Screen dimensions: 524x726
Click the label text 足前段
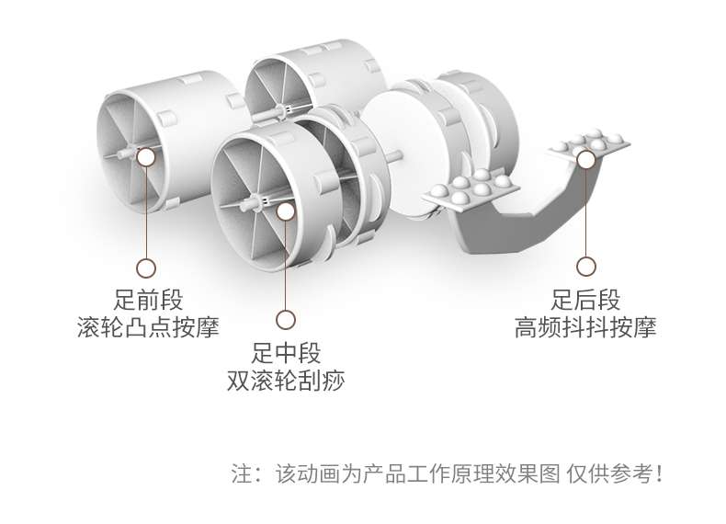pos(148,301)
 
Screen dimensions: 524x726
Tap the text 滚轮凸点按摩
pos(148,328)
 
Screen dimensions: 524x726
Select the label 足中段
pos(286,352)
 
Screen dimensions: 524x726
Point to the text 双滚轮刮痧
pos(286,380)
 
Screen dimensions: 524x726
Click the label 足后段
pos(585,301)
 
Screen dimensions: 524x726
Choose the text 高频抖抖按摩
pos(585,328)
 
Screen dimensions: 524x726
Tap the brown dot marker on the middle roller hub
pos(286,211)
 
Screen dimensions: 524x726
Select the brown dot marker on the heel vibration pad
pos(585,158)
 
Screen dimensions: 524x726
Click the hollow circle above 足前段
pos(146,268)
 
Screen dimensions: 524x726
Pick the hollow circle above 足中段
pos(286,320)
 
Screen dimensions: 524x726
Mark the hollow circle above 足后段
pos(585,267)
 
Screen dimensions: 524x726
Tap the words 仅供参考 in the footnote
pos(620,474)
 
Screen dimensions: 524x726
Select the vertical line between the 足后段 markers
pos(585,211)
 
